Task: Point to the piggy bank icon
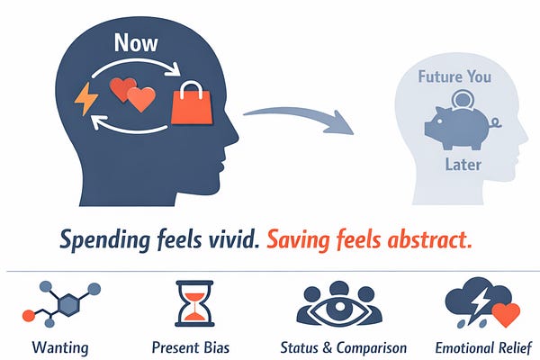(454, 127)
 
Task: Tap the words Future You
(454, 76)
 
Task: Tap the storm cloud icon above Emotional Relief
(475, 301)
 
